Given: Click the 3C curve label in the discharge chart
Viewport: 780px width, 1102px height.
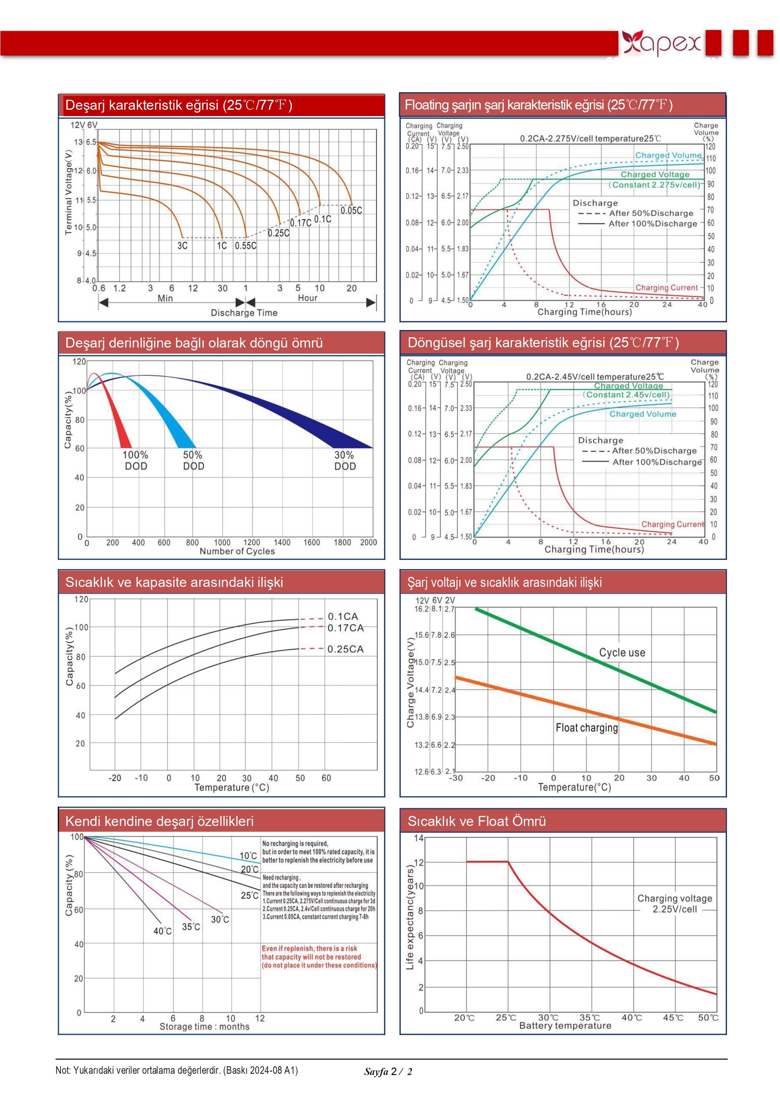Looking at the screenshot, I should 182,246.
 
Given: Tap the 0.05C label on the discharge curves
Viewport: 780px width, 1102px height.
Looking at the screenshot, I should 351,210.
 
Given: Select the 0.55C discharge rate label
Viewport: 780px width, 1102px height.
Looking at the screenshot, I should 245,246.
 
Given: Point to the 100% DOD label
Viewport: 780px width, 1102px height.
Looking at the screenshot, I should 136,460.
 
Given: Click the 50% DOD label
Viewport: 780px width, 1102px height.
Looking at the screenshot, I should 193,460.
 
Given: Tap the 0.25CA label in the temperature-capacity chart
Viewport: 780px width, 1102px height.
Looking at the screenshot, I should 345,649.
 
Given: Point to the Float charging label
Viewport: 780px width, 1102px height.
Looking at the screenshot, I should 586,728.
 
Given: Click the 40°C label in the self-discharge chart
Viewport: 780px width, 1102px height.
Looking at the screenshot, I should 162,931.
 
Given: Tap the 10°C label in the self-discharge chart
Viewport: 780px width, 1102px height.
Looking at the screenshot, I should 248,856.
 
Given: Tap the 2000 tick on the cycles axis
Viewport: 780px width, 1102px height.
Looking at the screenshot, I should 368,542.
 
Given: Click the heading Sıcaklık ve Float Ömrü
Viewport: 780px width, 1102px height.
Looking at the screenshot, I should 476,821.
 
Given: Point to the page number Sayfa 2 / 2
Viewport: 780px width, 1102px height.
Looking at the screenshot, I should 388,1072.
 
